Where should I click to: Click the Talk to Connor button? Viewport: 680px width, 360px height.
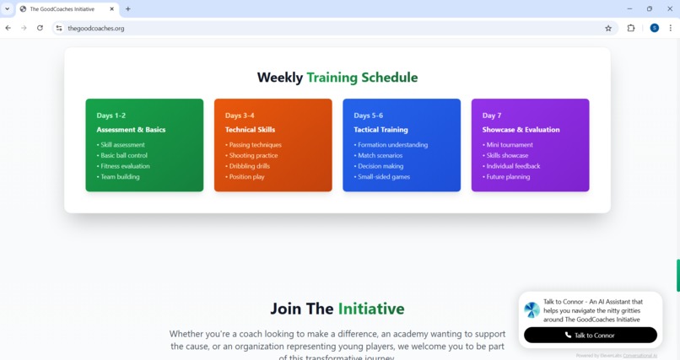590,335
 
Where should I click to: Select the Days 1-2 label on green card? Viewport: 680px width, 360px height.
111,116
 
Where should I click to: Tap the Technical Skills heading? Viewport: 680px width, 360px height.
250,130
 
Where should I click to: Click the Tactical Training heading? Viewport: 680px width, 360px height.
380,130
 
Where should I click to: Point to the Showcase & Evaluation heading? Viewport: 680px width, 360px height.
521,130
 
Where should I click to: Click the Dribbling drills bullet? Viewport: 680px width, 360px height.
251,166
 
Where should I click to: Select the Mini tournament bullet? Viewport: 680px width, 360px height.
509,145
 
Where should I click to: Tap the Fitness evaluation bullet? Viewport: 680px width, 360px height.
124,166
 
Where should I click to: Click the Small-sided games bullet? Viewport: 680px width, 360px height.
383,177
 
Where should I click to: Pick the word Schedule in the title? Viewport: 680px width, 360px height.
389,78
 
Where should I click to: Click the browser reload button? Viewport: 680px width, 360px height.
40,28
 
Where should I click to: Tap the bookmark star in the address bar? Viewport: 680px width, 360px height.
608,28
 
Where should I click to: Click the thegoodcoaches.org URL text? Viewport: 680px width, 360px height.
96,28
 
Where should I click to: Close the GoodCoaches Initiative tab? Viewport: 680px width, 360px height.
112,9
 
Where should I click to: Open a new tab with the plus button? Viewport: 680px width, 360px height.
128,9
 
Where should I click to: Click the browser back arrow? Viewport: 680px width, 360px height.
8,28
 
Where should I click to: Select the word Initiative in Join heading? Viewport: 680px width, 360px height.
371,309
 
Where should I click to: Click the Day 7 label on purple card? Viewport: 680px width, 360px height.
492,116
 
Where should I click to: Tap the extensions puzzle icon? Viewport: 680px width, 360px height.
631,28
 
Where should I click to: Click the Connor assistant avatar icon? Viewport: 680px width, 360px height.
532,309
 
